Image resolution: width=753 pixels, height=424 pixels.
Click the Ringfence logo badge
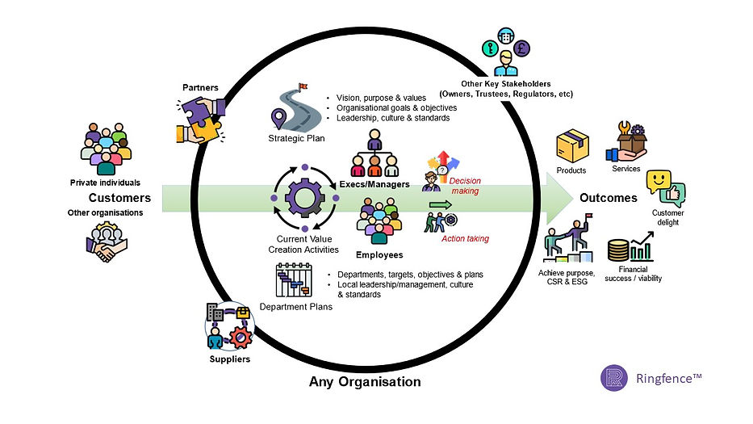(613, 378)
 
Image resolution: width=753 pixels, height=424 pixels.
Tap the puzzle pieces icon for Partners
(201, 120)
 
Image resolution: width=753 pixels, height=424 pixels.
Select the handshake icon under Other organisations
(107, 241)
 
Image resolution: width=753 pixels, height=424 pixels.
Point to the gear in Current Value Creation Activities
(304, 198)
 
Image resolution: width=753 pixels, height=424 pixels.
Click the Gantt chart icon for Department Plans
(294, 280)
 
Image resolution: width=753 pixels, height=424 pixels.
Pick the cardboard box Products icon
(572, 145)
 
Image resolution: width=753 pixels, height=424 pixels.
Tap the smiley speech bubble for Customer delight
(659, 182)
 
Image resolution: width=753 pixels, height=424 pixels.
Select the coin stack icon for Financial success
(618, 250)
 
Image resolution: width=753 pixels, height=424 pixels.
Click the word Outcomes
(609, 198)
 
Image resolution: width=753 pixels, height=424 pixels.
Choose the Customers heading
(119, 198)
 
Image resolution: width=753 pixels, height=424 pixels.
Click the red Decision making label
(465, 186)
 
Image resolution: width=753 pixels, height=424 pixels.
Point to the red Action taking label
(466, 238)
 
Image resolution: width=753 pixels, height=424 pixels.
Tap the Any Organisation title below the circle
(365, 382)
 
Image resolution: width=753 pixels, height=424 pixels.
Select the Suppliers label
(229, 359)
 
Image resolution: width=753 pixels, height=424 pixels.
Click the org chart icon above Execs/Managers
(374, 153)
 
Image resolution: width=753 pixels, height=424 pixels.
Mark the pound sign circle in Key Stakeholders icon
(521, 48)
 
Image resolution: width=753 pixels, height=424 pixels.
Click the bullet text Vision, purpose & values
(381, 98)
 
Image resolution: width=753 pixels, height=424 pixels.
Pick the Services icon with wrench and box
(626, 141)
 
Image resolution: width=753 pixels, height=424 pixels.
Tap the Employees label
(379, 254)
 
